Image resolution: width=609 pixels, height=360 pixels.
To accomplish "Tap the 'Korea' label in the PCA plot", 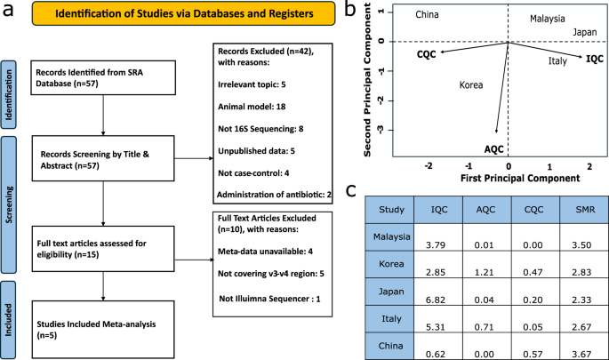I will coord(470,85).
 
